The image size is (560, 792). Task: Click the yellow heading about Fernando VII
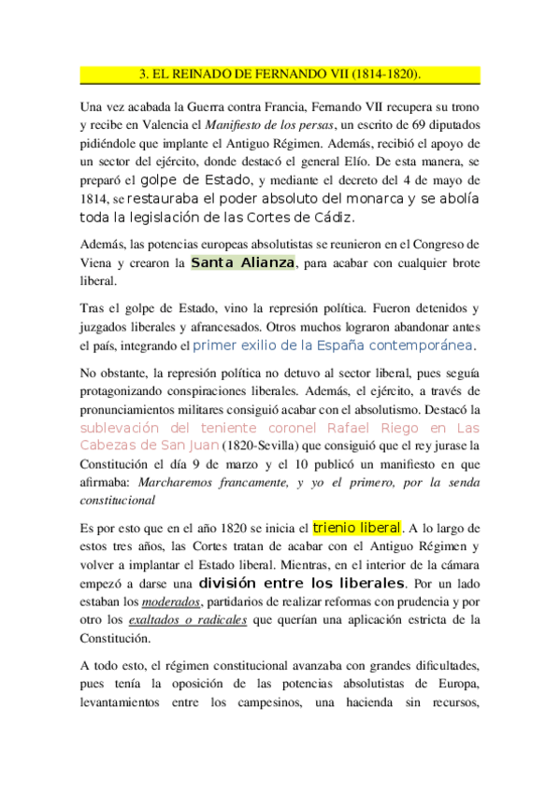tap(280, 73)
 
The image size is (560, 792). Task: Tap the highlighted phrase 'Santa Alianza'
tap(242, 262)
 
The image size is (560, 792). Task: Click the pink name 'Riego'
tap(411, 428)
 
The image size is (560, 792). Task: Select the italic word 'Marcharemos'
tap(176, 483)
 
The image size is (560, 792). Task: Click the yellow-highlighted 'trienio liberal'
tap(357, 528)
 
